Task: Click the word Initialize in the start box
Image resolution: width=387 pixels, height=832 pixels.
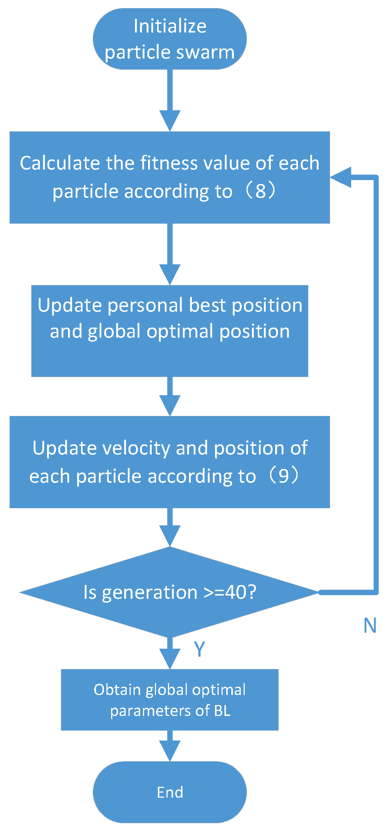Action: click(x=170, y=26)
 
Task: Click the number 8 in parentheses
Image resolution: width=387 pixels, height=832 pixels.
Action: click(x=260, y=191)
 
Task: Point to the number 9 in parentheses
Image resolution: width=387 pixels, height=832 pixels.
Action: click(x=283, y=476)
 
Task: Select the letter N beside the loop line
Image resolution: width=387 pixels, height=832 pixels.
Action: click(x=370, y=626)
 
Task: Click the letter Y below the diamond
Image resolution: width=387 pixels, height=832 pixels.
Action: click(x=199, y=649)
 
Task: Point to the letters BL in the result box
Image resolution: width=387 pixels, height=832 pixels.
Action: click(x=222, y=711)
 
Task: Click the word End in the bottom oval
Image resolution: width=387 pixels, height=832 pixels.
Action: click(x=170, y=792)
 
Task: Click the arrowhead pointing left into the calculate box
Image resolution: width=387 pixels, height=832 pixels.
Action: click(x=341, y=177)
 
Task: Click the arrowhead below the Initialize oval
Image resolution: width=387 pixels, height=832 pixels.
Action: click(x=170, y=121)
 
